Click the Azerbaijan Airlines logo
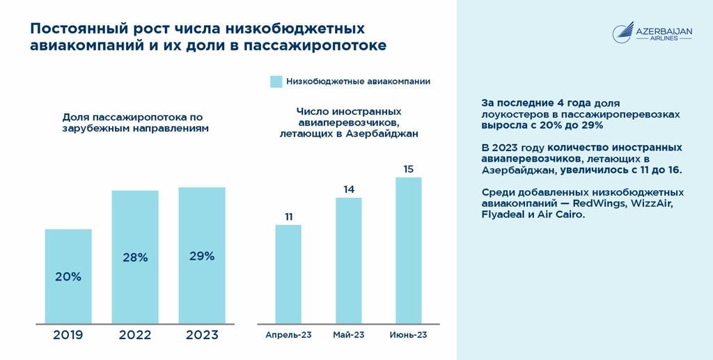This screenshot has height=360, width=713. pos(652,33)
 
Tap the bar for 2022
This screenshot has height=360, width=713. pos(135,256)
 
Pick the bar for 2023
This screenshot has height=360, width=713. pos(202,255)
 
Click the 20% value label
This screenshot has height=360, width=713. pos(68,276)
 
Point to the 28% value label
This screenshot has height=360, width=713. pos(135,257)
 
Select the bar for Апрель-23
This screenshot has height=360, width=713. pos(288,274)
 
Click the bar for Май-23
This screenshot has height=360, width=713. pos(349,260)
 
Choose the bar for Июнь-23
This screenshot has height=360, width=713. pos(409,250)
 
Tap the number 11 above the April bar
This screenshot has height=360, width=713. pos(288,217)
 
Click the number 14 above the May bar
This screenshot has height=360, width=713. pos(349,189)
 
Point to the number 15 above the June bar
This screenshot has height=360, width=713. pos(409,169)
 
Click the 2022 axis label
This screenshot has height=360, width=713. pos(135,335)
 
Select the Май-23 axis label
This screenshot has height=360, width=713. pos(349,335)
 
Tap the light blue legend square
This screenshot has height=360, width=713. pos(276,81)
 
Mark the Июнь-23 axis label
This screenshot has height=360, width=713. pos(409,335)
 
